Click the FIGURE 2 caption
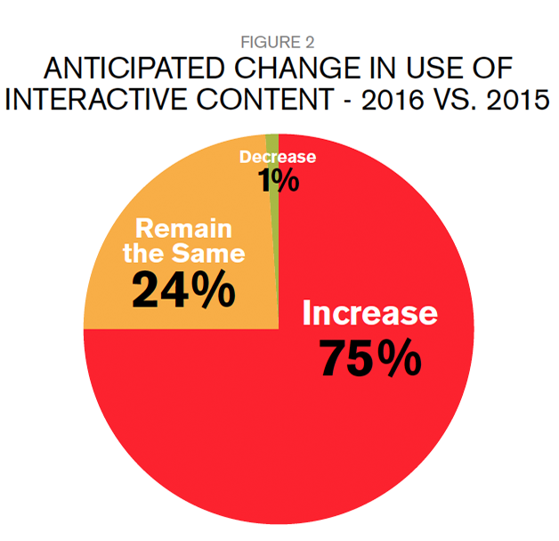pyautogui.click(x=279, y=42)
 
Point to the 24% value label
pyautogui.click(x=183, y=290)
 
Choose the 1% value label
pyautogui.click(x=278, y=181)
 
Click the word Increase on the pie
pyautogui.click(x=370, y=314)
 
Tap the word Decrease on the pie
pyautogui.click(x=278, y=158)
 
